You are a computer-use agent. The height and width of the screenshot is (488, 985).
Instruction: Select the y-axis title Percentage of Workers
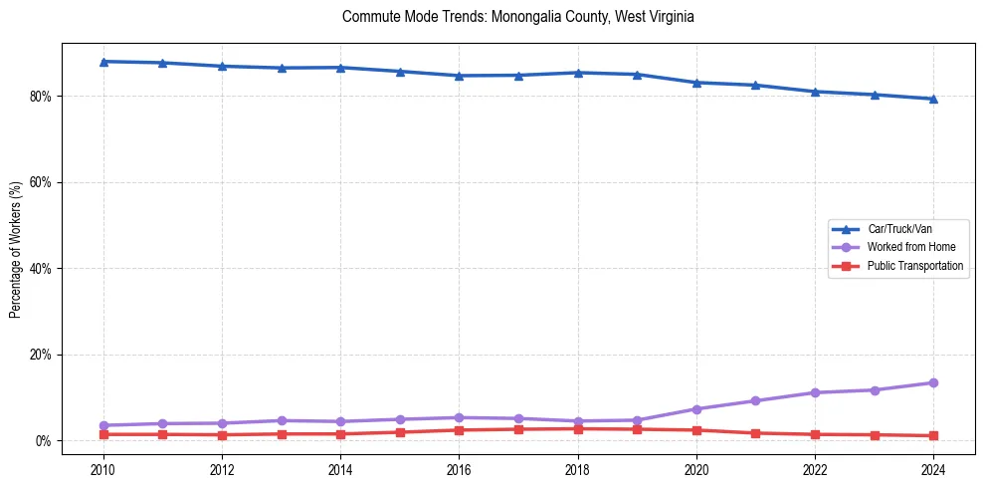pos(16,249)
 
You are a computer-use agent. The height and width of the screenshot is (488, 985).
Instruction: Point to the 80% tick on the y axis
pos(42,97)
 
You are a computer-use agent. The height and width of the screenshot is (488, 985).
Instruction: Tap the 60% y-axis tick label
pos(42,182)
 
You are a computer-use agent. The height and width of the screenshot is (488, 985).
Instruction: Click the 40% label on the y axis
pos(42,269)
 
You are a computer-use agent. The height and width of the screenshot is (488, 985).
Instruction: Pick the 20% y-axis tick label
pos(42,355)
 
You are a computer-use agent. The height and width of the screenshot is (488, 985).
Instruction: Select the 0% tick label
pos(45,441)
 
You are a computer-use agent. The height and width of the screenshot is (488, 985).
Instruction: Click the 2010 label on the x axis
pos(103,468)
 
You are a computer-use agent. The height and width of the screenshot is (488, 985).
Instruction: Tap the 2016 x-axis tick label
pos(459,468)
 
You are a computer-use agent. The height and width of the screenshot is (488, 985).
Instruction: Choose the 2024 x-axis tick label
pos(933,468)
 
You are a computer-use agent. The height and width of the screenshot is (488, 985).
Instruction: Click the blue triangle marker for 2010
pos(103,62)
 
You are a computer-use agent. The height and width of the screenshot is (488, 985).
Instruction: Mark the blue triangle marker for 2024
pos(933,99)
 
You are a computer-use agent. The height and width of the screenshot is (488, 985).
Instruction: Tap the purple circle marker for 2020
pos(696,409)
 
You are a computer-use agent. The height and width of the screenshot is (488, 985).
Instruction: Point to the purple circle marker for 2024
pos(933,382)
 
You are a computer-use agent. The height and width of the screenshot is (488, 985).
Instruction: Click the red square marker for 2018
pos(578,429)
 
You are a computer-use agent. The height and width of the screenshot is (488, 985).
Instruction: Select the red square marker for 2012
pos(222,435)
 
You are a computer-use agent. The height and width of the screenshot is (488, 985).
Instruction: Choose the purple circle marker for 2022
pos(815,392)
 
